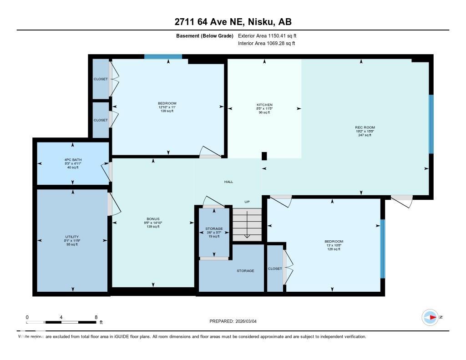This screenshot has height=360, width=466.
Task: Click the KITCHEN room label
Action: (264, 105)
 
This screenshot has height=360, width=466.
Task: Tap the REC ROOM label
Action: (365, 127)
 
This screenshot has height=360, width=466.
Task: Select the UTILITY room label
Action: (72, 237)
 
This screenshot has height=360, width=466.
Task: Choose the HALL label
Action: (228, 182)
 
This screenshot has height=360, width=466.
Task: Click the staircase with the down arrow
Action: (247, 224)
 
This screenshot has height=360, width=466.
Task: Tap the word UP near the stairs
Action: (247, 201)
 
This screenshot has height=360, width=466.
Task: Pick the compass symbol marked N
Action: (430, 317)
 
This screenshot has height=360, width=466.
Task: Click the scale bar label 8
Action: (96, 317)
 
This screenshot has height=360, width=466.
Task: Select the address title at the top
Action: (233, 22)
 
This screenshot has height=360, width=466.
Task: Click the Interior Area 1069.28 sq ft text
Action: (266, 44)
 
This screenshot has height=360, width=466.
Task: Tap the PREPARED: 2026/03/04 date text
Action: (236, 321)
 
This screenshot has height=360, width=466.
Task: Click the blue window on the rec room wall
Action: (431, 124)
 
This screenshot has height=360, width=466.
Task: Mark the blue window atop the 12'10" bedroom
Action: (163, 57)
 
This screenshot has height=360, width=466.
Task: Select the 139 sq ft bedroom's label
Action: (167, 103)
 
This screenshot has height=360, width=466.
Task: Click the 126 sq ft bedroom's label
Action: (334, 241)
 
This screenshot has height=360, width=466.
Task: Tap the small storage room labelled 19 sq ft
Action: (214, 228)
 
